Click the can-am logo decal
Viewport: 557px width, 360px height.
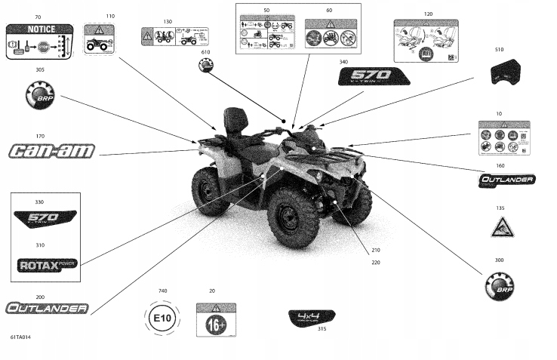coord(52,151)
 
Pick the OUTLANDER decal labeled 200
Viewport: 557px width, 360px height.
coord(48,308)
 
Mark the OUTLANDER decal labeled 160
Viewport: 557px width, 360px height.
coord(507,180)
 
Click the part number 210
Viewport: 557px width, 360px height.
coord(376,251)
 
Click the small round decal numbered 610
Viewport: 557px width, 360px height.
coord(205,66)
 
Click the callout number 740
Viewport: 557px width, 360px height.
coord(162,291)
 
